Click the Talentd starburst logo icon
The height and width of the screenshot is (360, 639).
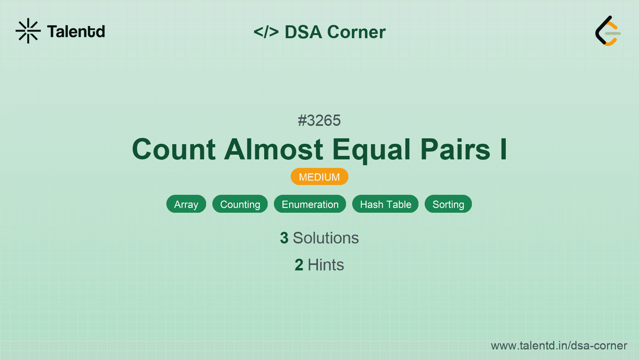(x=28, y=31)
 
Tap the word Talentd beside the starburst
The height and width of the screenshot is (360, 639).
(x=76, y=32)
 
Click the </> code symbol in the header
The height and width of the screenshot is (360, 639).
(x=266, y=32)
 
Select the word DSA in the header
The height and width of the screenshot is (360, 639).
(x=303, y=32)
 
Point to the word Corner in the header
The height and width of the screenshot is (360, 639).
(x=356, y=32)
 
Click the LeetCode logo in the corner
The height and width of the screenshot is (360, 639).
(x=608, y=31)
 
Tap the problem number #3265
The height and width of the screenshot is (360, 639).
(x=319, y=121)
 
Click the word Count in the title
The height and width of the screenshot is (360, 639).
(x=174, y=149)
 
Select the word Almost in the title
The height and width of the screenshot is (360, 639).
(x=274, y=149)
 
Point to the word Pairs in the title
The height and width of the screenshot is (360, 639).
(x=455, y=149)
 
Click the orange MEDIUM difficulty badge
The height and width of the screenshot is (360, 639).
(x=319, y=177)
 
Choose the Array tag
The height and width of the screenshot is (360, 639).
(x=186, y=204)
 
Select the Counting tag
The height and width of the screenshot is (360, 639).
(x=240, y=204)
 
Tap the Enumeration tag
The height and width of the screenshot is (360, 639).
(x=310, y=204)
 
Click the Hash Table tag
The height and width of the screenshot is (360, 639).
(x=385, y=204)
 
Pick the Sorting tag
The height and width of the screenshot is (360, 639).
(x=448, y=204)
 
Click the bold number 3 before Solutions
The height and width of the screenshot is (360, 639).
(x=284, y=238)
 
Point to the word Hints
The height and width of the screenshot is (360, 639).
(x=326, y=265)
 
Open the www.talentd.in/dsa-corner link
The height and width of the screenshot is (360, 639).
(x=559, y=346)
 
